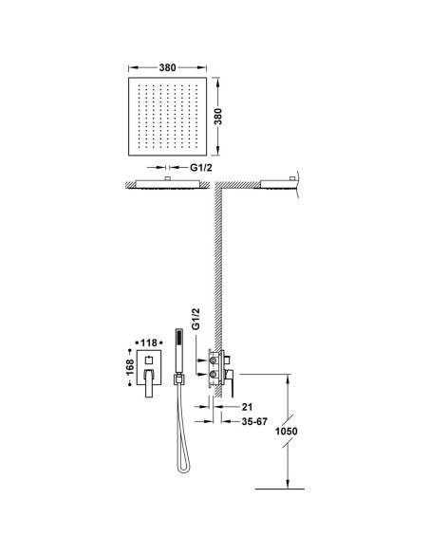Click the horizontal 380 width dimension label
point(167,67)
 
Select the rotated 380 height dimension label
point(218,117)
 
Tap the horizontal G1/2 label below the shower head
point(201,168)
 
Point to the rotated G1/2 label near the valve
point(196,319)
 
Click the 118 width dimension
point(149,342)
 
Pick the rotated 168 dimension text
point(130,367)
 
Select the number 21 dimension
point(248,407)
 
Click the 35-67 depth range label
point(254,421)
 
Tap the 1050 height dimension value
point(287,432)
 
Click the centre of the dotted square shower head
point(167,117)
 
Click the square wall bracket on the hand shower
point(178,379)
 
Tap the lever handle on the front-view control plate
point(149,383)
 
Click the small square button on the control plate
point(149,360)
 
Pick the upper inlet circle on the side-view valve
point(214,360)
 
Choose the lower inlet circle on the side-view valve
point(214,374)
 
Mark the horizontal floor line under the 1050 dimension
point(280,489)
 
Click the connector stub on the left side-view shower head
point(168,178)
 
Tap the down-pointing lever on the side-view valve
point(232,383)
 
